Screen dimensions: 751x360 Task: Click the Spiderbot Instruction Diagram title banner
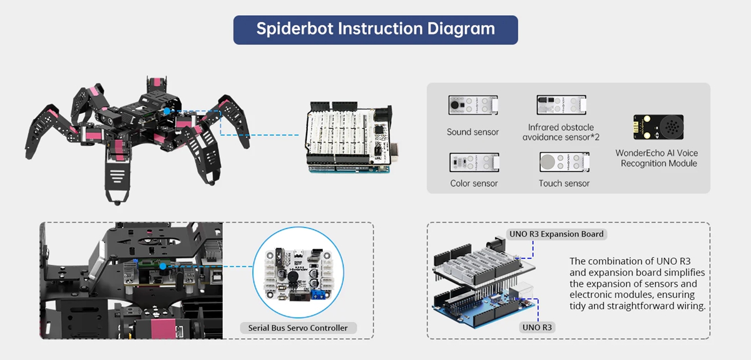(x=375, y=30)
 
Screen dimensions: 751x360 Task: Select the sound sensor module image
(x=473, y=105)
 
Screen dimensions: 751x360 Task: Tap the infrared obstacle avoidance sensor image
(x=561, y=105)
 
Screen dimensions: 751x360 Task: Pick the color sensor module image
(x=474, y=162)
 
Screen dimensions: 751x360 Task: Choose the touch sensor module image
(x=565, y=162)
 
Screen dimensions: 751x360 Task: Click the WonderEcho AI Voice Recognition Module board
(x=658, y=127)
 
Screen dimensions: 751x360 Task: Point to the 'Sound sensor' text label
(x=473, y=132)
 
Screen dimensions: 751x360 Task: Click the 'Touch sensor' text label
(x=564, y=183)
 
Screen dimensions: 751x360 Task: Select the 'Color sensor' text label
(x=474, y=183)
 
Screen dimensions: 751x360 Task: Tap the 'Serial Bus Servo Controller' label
(x=298, y=328)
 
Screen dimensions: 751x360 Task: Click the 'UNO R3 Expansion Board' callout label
(x=556, y=234)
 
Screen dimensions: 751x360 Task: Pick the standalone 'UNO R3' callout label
(x=537, y=327)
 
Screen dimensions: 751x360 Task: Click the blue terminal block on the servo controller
(x=319, y=295)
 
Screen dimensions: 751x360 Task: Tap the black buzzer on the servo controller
(x=293, y=277)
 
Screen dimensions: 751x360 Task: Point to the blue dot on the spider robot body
(x=166, y=111)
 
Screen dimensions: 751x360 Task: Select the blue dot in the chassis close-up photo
(x=163, y=266)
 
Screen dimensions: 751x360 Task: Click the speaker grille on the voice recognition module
(x=671, y=127)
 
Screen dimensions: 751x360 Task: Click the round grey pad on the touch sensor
(x=548, y=162)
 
